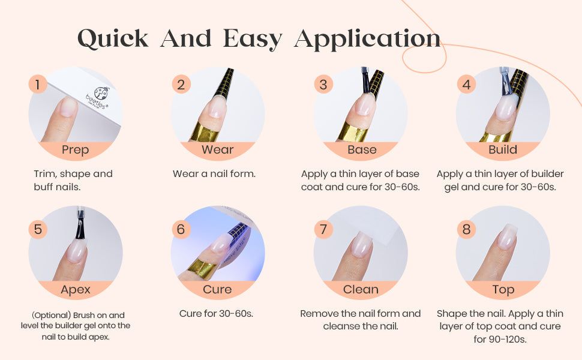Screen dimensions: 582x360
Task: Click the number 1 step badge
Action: point(37,84)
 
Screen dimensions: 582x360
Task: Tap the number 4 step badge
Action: point(466,84)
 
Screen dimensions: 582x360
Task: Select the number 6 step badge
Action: point(181,229)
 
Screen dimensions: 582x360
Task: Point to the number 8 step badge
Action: point(466,229)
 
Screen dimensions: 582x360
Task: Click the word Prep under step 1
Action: point(76,150)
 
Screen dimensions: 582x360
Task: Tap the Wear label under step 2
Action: point(218,149)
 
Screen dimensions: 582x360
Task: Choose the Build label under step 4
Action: point(503,149)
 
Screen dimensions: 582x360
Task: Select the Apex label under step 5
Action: point(76,290)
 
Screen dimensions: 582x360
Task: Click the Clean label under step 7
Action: point(361,289)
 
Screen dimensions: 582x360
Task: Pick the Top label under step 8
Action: point(503,290)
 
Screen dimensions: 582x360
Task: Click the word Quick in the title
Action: point(113,38)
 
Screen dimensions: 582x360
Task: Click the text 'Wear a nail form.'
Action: point(214,173)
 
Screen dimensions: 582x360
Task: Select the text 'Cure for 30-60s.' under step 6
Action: point(216,314)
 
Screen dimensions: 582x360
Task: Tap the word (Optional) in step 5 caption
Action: point(51,316)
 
